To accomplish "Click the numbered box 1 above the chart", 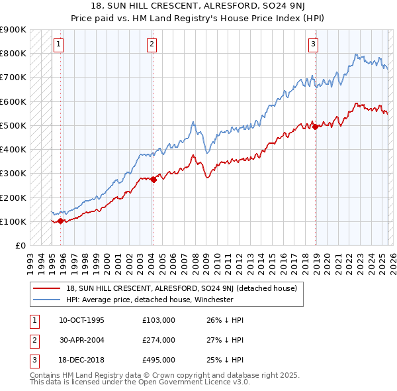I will (x=59, y=44).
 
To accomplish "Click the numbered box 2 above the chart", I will (x=152, y=44).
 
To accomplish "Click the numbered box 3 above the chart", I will (x=313, y=44).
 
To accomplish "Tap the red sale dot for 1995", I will (x=60, y=221).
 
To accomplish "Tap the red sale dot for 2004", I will (x=154, y=179).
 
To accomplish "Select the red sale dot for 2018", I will (x=315, y=126).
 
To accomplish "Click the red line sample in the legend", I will (x=46, y=288).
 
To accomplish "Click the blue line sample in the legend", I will (x=46, y=299).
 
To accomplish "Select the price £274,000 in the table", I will (x=158, y=340).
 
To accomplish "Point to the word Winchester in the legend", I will (x=214, y=299).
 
